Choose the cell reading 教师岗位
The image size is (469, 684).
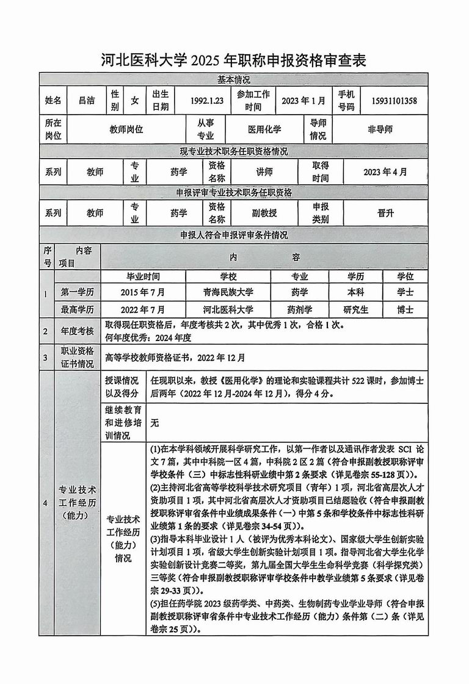click(x=126, y=129)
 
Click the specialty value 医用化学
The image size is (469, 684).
click(x=264, y=129)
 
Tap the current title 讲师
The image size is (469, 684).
click(x=264, y=172)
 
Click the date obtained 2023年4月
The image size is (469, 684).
click(x=385, y=172)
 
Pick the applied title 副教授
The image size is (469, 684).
click(x=264, y=213)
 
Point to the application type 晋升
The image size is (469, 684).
click(x=385, y=213)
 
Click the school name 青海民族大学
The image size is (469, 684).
click(x=228, y=292)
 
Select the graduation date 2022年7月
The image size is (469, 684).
click(x=142, y=309)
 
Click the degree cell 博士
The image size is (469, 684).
click(x=404, y=309)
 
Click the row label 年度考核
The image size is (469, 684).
click(x=77, y=331)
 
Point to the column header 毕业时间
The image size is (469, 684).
click(x=142, y=276)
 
